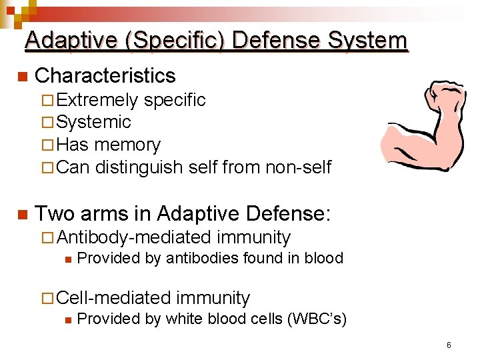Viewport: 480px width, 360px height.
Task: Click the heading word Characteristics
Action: click(105, 76)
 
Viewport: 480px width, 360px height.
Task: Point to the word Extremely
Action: click(97, 101)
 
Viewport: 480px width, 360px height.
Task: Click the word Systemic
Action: click(94, 123)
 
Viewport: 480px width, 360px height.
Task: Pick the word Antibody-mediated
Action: click(134, 237)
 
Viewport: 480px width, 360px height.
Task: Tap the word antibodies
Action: click(195, 259)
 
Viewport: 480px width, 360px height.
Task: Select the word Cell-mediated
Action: click(113, 298)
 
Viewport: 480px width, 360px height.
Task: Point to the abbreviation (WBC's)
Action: click(317, 319)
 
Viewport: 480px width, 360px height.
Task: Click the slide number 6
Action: click(449, 345)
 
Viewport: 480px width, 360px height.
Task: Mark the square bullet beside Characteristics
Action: click(22, 77)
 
